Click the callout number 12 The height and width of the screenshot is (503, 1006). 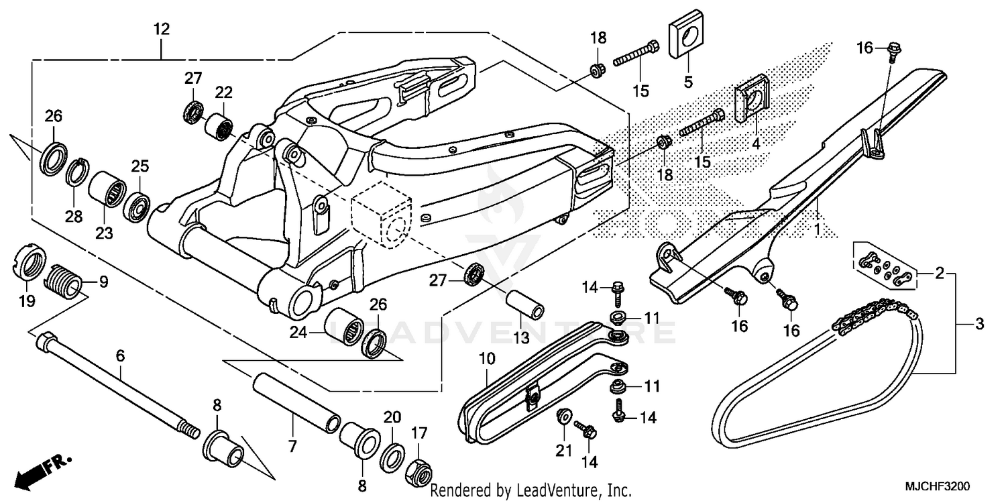[161, 29]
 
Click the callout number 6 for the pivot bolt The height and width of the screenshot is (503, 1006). [121, 356]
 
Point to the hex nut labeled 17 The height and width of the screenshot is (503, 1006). [418, 473]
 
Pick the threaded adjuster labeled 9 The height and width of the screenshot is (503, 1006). [65, 280]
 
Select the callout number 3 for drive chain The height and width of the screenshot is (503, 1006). [979, 325]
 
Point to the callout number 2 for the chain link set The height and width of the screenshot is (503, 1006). [940, 273]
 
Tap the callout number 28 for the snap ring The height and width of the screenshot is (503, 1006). [73, 216]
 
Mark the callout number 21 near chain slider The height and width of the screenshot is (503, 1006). [564, 450]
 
